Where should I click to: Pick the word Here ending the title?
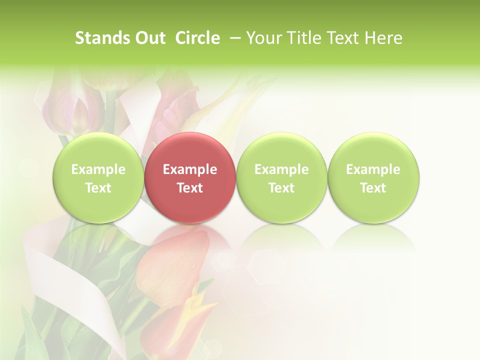point(384,38)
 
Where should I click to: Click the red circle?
point(190,178)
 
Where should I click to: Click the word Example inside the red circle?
point(190,169)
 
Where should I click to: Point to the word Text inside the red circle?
point(190,188)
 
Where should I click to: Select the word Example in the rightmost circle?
point(373,169)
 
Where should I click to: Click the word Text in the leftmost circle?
point(98,188)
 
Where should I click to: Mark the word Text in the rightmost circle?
point(373,188)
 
